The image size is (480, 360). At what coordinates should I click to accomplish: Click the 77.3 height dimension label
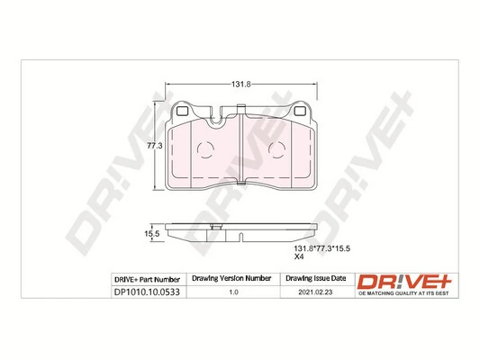tap(154, 144)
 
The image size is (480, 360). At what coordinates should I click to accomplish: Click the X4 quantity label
tap(301, 256)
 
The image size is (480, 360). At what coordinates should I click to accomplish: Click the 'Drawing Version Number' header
tap(232, 279)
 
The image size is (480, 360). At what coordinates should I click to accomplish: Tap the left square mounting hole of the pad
tap(181, 112)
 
